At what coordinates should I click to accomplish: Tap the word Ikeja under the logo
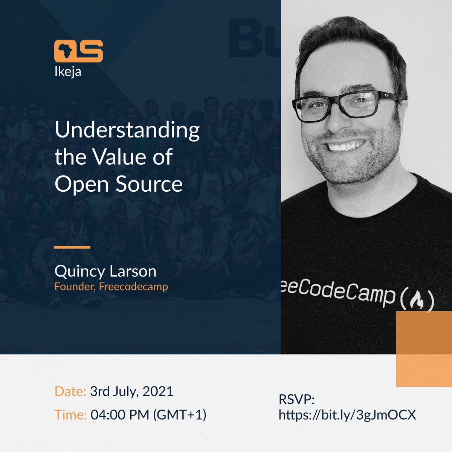[68, 71]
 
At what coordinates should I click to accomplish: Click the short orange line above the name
[72, 247]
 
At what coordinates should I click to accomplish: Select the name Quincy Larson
[105, 271]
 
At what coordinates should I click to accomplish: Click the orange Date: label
[70, 391]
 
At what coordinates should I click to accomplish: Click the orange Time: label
[71, 415]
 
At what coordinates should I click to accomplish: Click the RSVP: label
[296, 400]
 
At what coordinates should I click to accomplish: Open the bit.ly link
[347, 415]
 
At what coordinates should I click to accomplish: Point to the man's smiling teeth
[346, 145]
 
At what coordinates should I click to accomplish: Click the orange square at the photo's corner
[424, 349]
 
